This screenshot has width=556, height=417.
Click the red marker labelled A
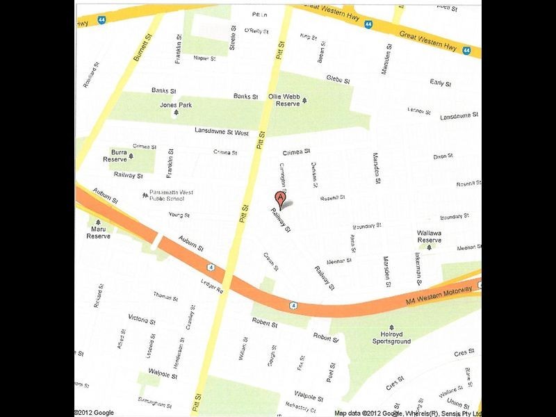click(280, 197)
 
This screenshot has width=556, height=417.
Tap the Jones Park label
click(176, 105)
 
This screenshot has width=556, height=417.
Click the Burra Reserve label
click(115, 156)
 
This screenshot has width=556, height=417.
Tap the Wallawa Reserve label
click(429, 236)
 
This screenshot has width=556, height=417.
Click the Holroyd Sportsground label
click(391, 338)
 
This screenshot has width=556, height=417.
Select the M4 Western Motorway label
click(439, 293)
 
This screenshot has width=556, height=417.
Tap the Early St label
click(441, 83)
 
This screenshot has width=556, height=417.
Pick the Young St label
click(179, 215)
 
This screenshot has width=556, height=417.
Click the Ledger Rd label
click(210, 286)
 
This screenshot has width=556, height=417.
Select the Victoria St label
click(142, 318)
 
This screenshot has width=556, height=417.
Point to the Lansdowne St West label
click(222, 131)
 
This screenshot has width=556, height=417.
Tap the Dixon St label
click(443, 156)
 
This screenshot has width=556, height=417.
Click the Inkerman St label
click(419, 270)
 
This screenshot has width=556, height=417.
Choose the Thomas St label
click(165, 297)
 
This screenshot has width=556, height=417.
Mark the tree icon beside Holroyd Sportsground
click(391, 327)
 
